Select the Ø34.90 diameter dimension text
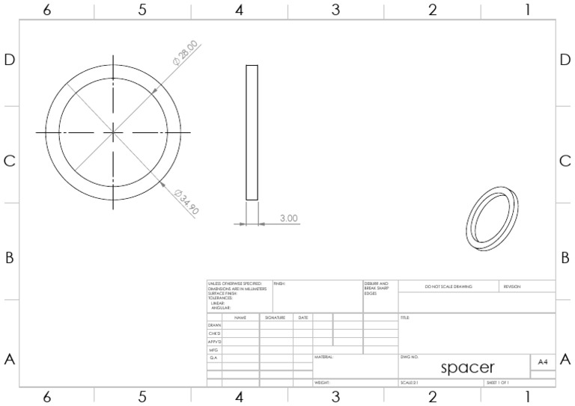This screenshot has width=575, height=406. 186,203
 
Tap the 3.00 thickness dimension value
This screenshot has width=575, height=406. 289,218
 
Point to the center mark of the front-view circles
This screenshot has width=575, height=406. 113,132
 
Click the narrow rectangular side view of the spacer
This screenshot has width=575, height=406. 252,132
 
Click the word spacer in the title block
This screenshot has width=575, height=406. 467,367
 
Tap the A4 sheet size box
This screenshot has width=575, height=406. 542,361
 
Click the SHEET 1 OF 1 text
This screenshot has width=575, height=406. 498,383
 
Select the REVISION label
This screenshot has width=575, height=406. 512,286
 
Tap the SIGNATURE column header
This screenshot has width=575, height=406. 276,318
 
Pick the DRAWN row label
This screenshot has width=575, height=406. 214,326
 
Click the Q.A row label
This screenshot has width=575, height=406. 213,358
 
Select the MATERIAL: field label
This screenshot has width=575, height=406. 323,357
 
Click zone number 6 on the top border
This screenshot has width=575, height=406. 46,10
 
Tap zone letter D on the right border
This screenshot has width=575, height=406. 565,61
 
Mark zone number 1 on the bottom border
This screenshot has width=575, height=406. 528,397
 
